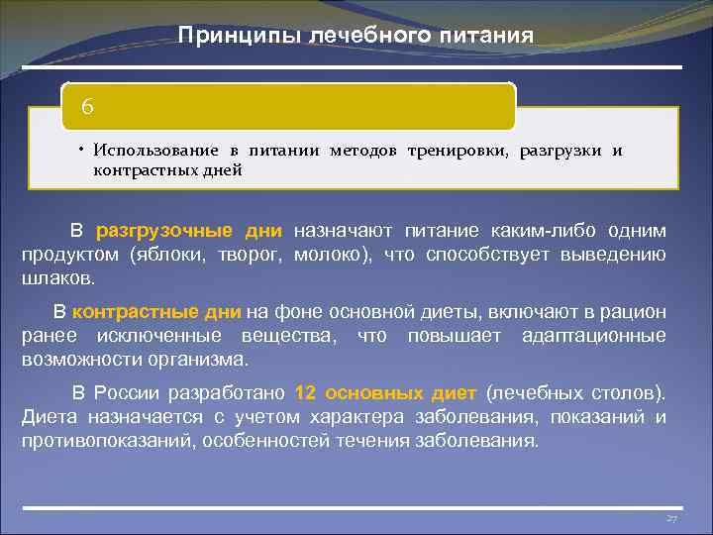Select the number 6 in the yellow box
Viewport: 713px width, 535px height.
click(87, 105)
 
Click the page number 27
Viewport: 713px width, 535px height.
click(670, 519)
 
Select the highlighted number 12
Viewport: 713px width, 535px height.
click(306, 392)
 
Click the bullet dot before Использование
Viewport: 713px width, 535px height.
click(82, 150)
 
